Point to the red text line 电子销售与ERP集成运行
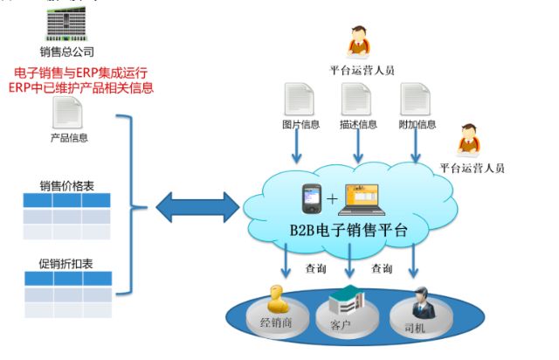click(84, 73)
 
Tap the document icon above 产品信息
click(68, 113)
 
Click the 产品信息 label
click(68, 138)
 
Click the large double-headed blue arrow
click(197, 207)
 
